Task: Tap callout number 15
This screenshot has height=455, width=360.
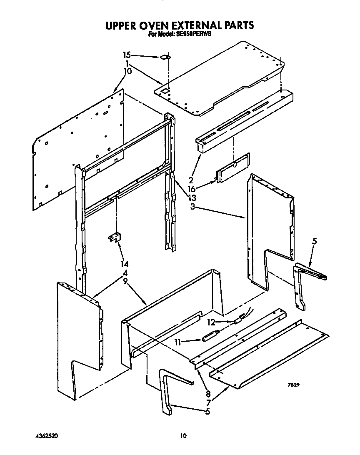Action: (127, 55)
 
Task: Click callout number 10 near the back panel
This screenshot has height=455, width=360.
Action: (127, 71)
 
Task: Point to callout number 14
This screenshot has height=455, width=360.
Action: (124, 264)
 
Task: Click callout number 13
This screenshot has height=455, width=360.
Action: (191, 197)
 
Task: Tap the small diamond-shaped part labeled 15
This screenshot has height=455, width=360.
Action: (165, 57)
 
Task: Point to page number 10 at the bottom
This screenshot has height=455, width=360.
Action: (182, 436)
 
